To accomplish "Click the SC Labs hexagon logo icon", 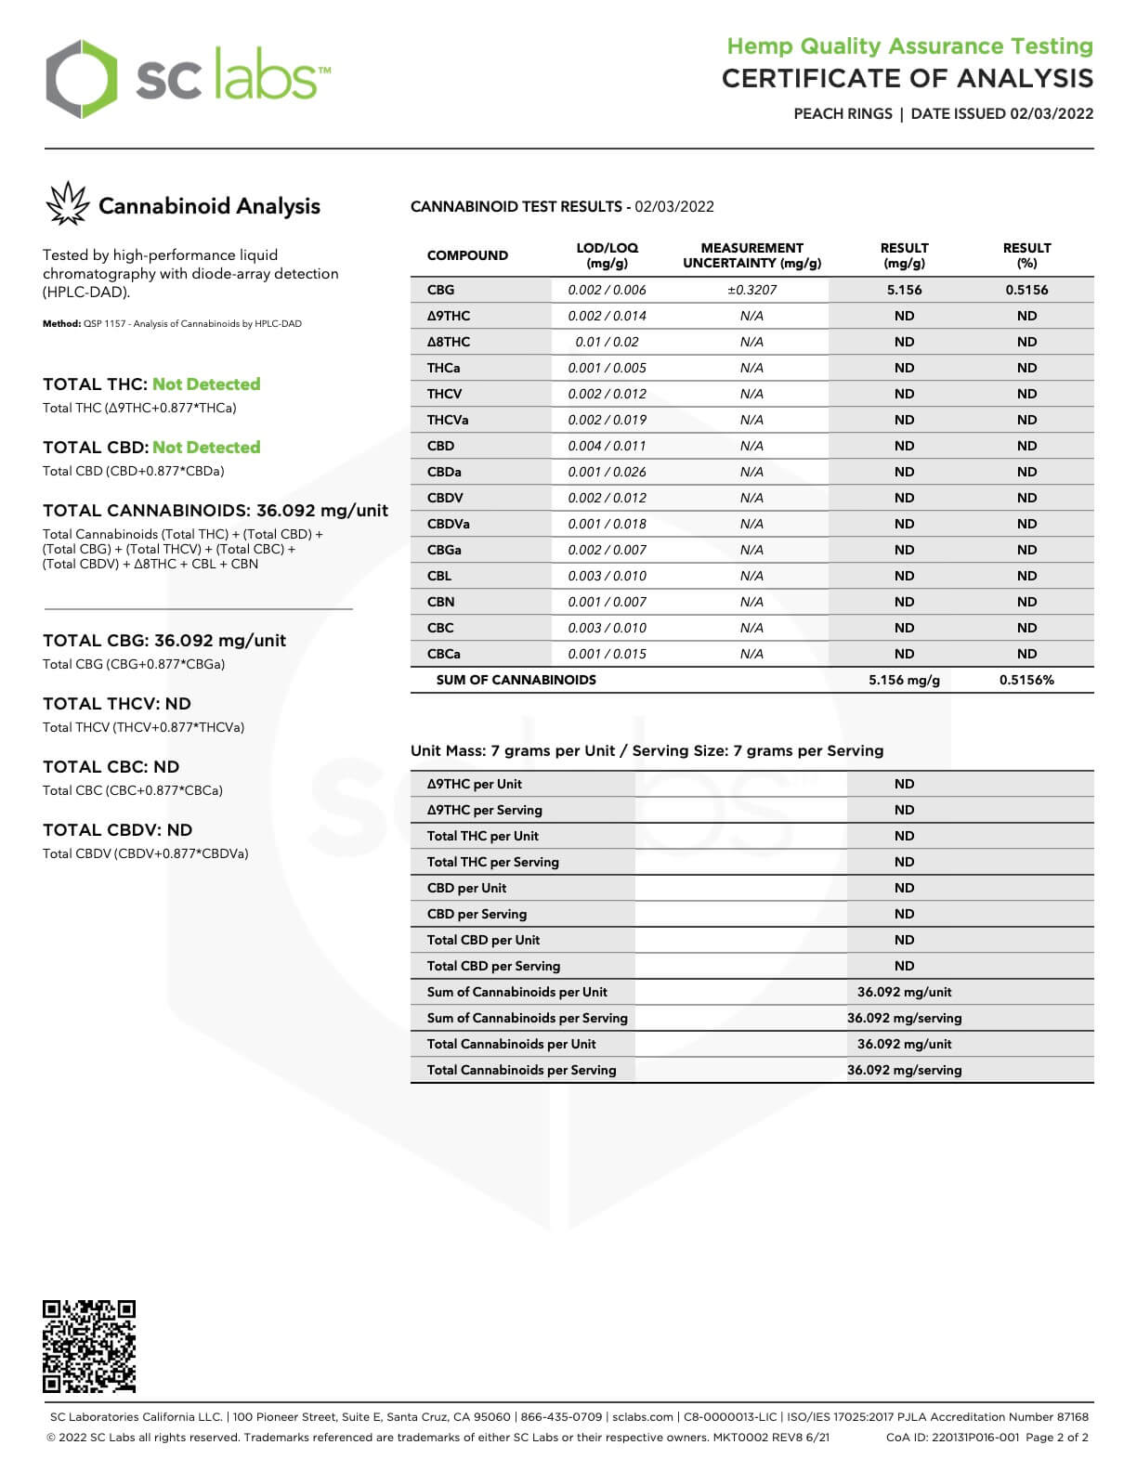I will click(x=82, y=79).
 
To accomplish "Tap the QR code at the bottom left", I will click(x=89, y=1347).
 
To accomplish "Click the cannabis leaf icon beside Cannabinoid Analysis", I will click(x=67, y=204).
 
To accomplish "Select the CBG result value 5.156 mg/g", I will click(x=904, y=290).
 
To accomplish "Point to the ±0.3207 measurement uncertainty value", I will click(x=751, y=290).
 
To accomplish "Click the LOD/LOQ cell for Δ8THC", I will click(x=607, y=342).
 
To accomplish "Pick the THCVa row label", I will click(x=448, y=420).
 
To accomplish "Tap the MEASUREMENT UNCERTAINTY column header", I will click(x=751, y=255).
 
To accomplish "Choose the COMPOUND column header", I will click(x=467, y=255).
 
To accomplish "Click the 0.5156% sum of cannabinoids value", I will click(x=1026, y=680).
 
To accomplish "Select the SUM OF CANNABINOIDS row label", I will click(x=516, y=680).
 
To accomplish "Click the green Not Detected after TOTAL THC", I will click(x=206, y=384).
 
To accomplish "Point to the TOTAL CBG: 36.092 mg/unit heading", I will click(x=164, y=641).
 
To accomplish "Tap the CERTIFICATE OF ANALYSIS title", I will click(x=908, y=78).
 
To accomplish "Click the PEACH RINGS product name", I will click(x=843, y=113).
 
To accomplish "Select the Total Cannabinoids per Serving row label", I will click(x=521, y=1070).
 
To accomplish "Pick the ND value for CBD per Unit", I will click(x=904, y=888).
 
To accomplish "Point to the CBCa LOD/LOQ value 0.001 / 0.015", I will click(x=607, y=654).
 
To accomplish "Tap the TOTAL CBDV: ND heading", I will click(x=117, y=830).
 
